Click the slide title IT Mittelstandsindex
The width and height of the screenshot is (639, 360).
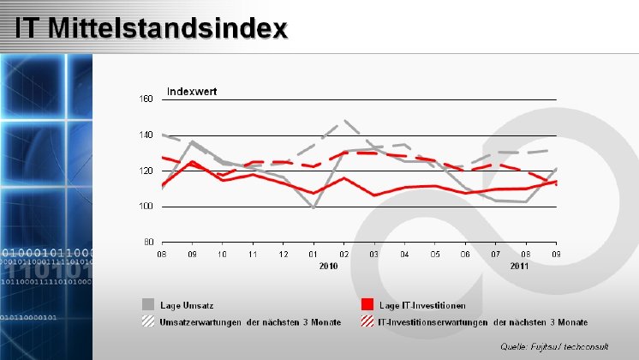point(151,29)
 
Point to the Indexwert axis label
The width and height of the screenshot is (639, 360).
point(191,91)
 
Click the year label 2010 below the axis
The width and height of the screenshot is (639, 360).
point(329,267)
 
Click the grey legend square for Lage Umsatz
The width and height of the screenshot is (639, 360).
point(149,304)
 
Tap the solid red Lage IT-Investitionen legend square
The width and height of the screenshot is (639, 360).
point(367,304)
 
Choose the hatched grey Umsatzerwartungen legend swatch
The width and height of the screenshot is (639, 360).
point(149,321)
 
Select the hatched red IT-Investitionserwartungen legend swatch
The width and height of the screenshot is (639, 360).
point(367,321)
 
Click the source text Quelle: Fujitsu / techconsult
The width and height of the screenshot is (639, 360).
point(555,345)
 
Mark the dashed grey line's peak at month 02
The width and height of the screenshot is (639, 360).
point(343,122)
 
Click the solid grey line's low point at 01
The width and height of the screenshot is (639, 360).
point(314,207)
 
